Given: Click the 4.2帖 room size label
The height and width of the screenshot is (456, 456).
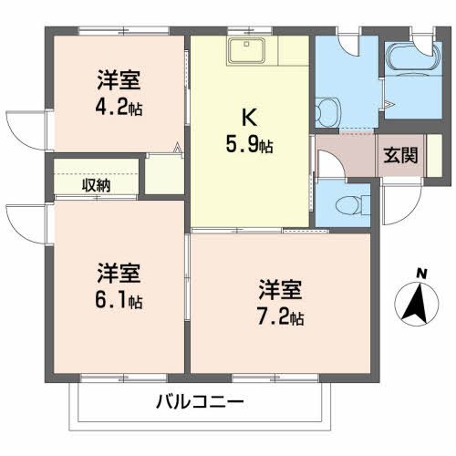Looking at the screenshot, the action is click(119, 108).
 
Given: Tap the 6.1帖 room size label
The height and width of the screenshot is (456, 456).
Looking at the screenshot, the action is click(119, 301).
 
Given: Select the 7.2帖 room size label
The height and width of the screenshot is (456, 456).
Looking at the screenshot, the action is click(280, 317).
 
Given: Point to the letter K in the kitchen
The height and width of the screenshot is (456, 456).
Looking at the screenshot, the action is click(249, 118).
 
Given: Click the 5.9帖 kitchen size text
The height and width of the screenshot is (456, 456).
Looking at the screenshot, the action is click(249, 144).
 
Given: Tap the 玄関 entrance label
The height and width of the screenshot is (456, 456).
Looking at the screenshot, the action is click(400, 155).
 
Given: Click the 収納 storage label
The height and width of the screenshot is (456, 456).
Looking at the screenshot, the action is click(96, 185).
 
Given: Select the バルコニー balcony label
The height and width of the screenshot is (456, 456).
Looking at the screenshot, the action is click(200, 402).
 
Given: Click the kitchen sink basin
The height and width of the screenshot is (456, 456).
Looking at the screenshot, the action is click(246, 50).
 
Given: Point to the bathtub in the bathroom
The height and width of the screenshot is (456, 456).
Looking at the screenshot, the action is click(413, 58).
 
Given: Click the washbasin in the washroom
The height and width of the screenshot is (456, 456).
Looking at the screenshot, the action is click(327, 112).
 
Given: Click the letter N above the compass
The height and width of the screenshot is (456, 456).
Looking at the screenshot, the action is click(421, 274).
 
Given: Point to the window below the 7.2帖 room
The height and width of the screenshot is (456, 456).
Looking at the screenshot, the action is click(275, 378).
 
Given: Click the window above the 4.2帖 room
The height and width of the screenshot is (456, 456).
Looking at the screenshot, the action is click(124, 31).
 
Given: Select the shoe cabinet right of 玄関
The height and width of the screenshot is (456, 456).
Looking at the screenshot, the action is click(434, 155).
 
